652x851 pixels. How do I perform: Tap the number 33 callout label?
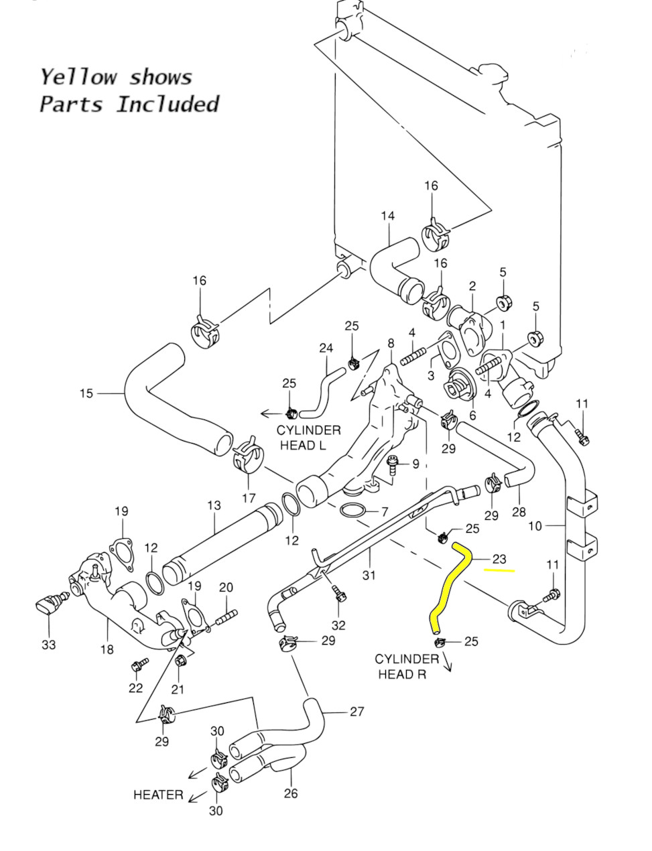tap(48, 645)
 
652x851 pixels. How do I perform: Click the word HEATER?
tap(158, 795)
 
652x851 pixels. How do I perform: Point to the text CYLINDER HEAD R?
tap(407, 666)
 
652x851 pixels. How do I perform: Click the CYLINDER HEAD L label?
tap(309, 438)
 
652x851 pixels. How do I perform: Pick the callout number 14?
tap(388, 216)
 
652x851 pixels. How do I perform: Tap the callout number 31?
tap(369, 574)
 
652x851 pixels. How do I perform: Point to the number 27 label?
tap(357, 711)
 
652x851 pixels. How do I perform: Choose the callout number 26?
tap(291, 794)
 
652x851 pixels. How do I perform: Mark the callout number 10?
tap(535, 526)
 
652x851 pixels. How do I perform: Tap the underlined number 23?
tap(499, 559)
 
